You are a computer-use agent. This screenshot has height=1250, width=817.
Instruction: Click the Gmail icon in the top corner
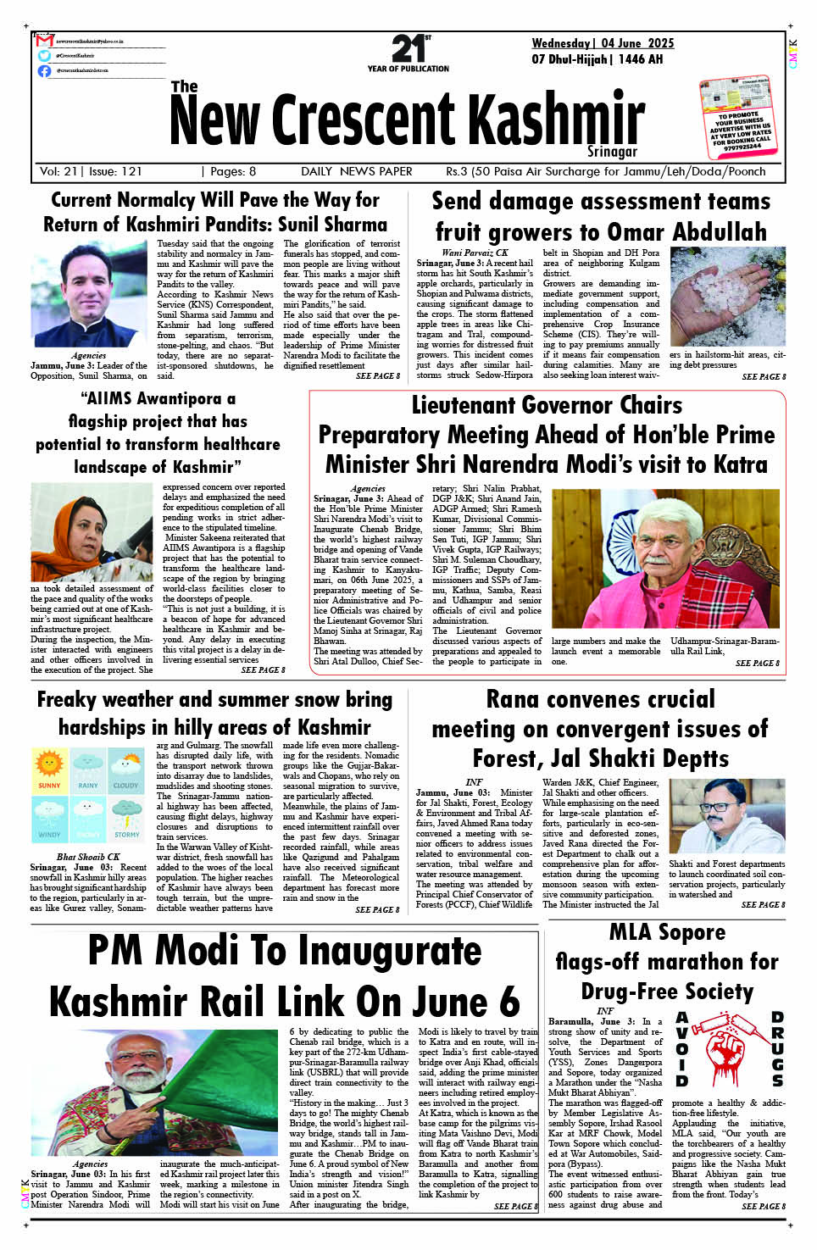tap(44, 41)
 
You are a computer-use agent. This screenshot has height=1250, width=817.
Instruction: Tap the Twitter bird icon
tap(44, 55)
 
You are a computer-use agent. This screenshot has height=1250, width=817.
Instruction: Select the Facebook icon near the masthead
tap(44, 70)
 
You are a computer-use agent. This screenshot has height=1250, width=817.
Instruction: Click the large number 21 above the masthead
tap(408, 49)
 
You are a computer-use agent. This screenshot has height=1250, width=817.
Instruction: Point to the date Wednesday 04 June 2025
tap(603, 43)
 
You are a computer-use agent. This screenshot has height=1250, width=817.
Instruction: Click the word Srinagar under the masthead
tap(612, 152)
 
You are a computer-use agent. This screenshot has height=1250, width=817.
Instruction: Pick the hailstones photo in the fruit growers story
tap(727, 297)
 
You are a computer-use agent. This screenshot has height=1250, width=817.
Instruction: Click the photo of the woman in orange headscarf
tap(92, 531)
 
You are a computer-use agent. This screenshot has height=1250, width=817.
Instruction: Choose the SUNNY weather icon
tap(49, 769)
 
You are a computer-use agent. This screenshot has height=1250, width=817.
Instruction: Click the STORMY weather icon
tap(126, 819)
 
